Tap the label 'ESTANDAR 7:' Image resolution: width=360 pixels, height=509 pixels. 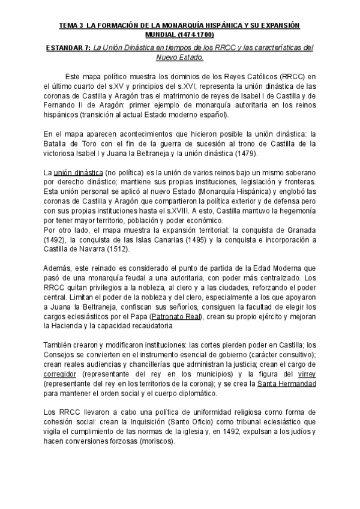67,48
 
